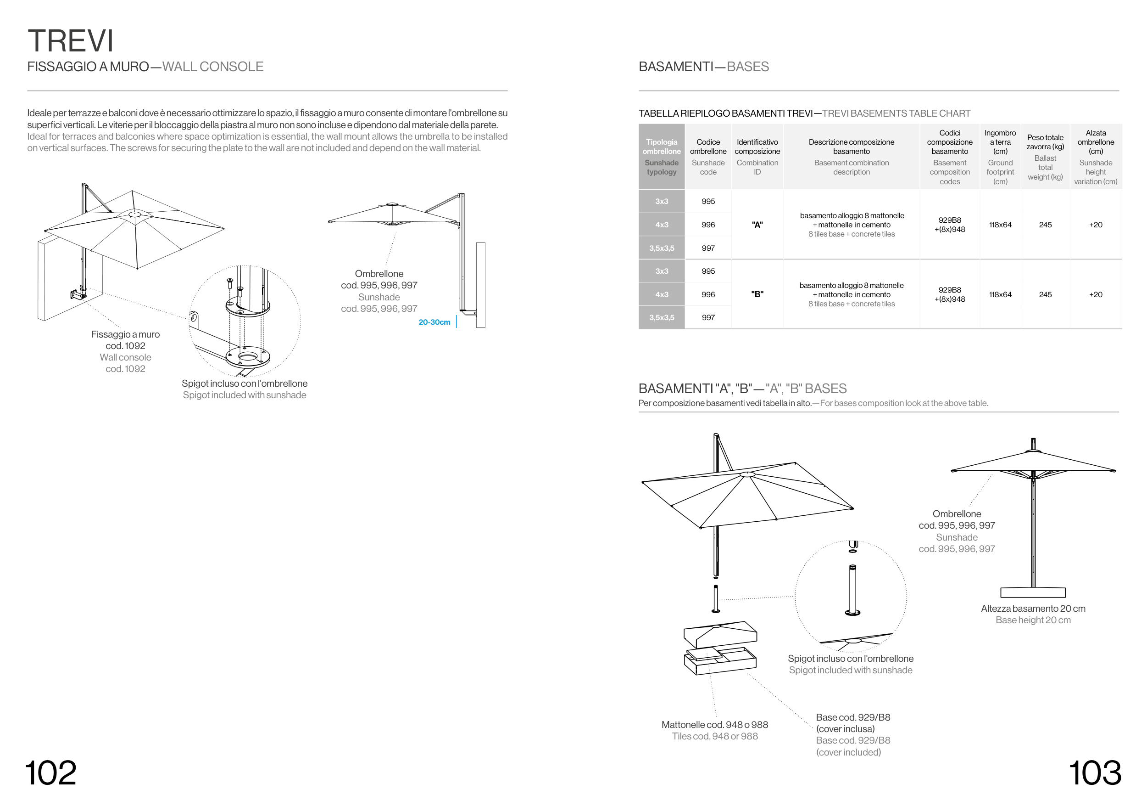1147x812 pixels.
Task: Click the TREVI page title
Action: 71,41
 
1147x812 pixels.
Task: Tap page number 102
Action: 50,773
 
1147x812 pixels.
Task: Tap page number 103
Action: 1095,773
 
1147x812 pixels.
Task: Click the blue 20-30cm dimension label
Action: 434,322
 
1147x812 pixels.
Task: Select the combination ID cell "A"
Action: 757,225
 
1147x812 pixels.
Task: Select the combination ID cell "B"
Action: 757,294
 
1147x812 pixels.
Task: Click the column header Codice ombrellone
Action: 708,147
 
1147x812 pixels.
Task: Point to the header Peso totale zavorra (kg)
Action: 1045,142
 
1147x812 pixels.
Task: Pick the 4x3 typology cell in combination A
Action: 662,225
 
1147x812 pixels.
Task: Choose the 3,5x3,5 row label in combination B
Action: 662,317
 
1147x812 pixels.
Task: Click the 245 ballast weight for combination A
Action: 1045,225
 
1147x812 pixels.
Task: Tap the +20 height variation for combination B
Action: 1096,294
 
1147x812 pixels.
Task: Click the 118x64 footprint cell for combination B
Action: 1000,294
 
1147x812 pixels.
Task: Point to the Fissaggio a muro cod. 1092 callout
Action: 125,340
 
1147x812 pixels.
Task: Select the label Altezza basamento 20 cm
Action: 1033,609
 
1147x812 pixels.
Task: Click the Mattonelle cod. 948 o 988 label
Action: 714,724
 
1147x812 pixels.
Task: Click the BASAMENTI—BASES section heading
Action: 703,67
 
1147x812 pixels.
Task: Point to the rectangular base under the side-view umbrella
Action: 1033,592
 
